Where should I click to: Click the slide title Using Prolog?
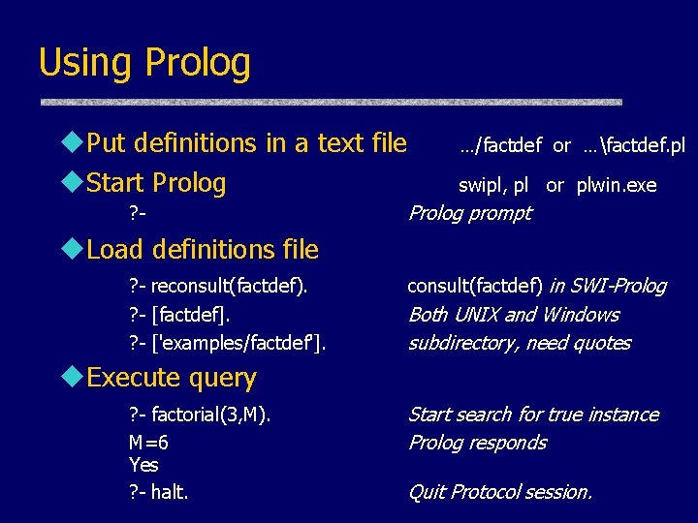tap(144, 63)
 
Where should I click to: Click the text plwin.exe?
tap(616, 185)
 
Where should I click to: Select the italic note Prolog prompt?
tap(469, 213)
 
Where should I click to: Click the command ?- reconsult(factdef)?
tap(218, 286)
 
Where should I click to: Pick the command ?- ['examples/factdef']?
tap(227, 343)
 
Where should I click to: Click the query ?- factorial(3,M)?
tap(200, 415)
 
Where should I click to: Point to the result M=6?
tap(148, 443)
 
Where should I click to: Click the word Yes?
tap(143, 465)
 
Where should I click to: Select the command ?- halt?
tap(159, 492)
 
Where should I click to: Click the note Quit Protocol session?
tap(499, 492)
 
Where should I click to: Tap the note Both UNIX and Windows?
tap(513, 315)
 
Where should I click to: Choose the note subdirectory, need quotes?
tap(519, 343)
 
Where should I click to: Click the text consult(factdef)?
tap(475, 286)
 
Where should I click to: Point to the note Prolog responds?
tap(477, 443)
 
